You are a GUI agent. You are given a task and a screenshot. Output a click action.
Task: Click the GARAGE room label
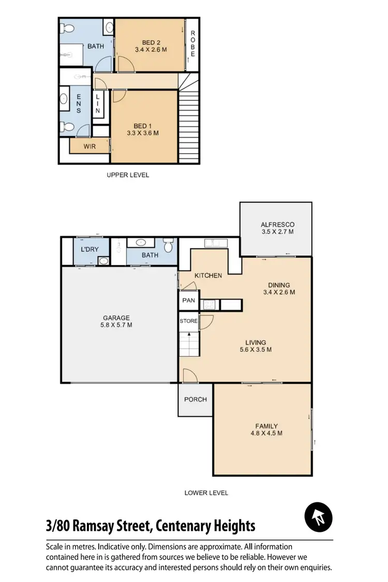click(x=116, y=318)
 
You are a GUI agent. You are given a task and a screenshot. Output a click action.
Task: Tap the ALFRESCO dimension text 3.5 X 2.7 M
click(x=277, y=232)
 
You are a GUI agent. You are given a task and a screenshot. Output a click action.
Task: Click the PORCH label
click(x=196, y=399)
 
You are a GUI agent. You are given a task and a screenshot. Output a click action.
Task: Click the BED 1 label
click(x=143, y=126)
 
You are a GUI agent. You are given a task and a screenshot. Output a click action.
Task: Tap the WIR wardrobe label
click(x=89, y=146)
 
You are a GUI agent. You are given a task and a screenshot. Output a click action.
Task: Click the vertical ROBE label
click(x=192, y=44)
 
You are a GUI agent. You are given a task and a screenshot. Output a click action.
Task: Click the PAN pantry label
click(x=188, y=300)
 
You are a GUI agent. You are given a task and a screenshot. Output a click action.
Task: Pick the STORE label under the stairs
click(x=188, y=321)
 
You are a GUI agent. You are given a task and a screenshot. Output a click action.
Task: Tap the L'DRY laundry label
click(x=89, y=249)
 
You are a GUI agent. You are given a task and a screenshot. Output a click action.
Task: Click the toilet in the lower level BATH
click(x=167, y=245)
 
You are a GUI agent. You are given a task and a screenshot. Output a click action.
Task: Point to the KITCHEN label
click(x=208, y=276)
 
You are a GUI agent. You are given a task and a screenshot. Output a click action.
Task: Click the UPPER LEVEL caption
click(x=128, y=175)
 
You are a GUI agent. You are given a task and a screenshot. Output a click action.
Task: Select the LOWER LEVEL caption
click(x=206, y=493)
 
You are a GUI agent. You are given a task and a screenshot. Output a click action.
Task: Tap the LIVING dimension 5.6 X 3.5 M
click(x=256, y=350)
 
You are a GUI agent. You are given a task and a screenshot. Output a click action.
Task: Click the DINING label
click(x=278, y=285)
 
